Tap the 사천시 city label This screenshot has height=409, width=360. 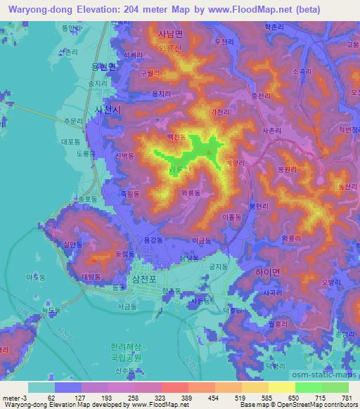tap(108, 110)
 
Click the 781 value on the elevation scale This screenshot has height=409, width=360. tap(346, 398)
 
